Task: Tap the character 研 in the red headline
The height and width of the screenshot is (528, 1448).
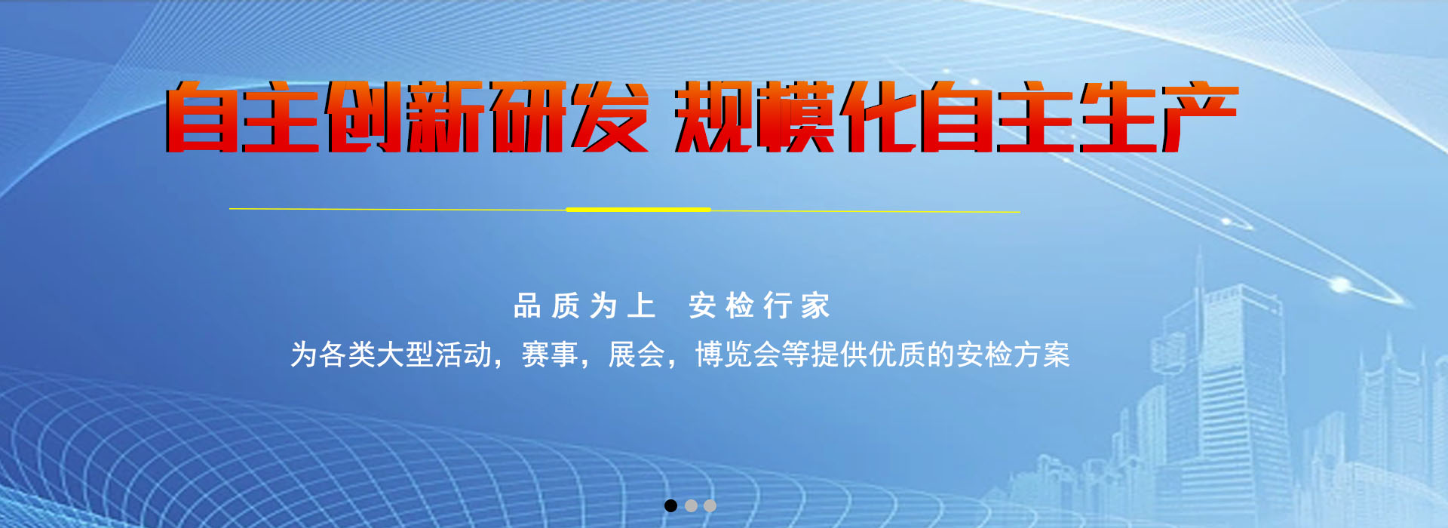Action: click(x=528, y=117)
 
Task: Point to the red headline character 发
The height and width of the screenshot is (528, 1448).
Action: click(x=609, y=117)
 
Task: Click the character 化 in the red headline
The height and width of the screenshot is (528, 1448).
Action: click(x=879, y=117)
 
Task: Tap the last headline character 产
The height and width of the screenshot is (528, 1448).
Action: click(x=1199, y=117)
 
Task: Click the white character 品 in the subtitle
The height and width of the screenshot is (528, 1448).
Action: click(x=527, y=306)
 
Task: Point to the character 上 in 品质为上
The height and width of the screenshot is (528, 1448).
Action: click(x=641, y=306)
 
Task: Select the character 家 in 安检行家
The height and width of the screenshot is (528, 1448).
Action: click(x=815, y=306)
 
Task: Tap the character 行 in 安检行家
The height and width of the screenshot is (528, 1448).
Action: click(x=778, y=306)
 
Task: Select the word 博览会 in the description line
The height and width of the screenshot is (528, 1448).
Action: click(x=737, y=355)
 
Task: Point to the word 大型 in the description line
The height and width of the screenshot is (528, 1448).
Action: click(x=404, y=355)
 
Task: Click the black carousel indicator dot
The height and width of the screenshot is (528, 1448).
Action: click(x=670, y=505)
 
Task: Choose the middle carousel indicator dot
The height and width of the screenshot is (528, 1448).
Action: click(x=691, y=505)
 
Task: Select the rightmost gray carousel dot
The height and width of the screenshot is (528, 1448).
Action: click(x=710, y=505)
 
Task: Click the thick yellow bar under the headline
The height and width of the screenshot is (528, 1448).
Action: click(x=638, y=210)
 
